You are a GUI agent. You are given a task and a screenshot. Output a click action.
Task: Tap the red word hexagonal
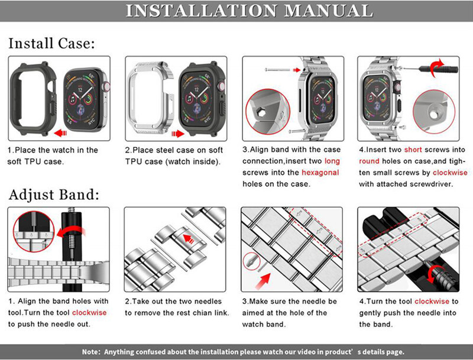(x=320, y=172)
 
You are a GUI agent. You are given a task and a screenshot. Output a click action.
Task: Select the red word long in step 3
(x=332, y=161)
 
